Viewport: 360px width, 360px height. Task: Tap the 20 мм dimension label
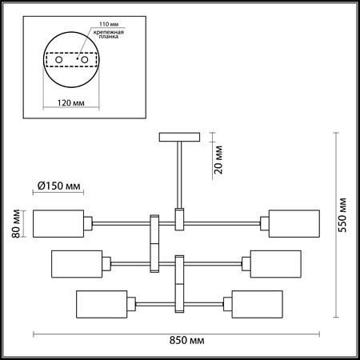pos(219,161)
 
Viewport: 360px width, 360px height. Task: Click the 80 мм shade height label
pos(11,223)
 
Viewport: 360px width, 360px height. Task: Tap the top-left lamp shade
pos(59,223)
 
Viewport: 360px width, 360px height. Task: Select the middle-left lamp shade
pos(77,263)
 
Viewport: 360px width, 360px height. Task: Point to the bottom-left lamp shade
pos(102,304)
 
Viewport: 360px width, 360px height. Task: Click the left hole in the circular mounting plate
pos(59,60)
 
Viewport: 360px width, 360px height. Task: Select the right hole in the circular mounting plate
pos(81,60)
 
